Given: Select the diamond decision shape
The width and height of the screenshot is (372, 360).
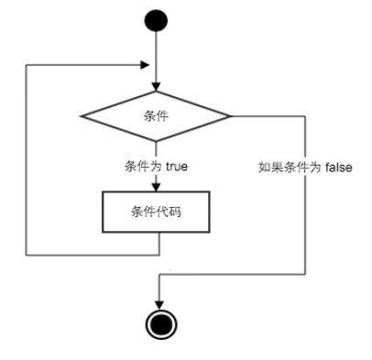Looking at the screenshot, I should pyautogui.click(x=157, y=115).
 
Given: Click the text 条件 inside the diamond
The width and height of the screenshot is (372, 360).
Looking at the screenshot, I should pyautogui.click(x=157, y=115).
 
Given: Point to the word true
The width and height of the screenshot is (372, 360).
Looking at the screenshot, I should pyautogui.click(x=177, y=168).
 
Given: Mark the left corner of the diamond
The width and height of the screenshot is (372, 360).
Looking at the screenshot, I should pyautogui.click(x=81, y=115).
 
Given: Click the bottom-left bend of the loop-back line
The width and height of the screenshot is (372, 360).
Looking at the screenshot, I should pyautogui.click(x=27, y=254).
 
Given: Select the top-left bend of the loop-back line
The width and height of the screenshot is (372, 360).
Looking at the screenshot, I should pyautogui.click(x=27, y=65).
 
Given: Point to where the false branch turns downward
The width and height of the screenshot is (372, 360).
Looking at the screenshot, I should pyautogui.click(x=303, y=115).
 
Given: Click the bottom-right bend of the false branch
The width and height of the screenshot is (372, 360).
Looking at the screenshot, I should pyautogui.click(x=303, y=275).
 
